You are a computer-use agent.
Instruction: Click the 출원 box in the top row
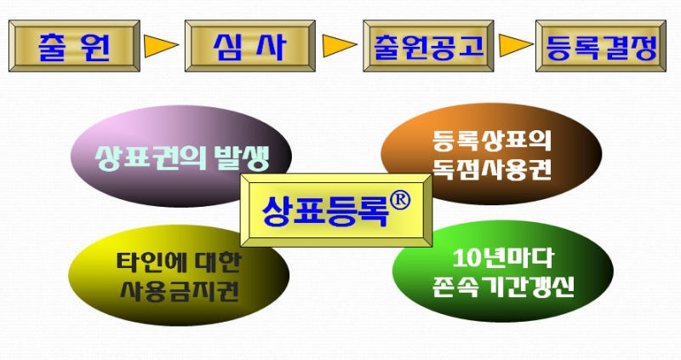(x=74, y=46)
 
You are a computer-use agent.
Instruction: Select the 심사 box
(x=250, y=46)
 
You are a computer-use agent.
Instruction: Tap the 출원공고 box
(x=429, y=46)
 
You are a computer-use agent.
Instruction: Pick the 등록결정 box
(x=601, y=46)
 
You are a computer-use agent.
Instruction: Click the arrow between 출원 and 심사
(x=160, y=46)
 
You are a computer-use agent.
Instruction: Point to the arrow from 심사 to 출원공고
(x=338, y=46)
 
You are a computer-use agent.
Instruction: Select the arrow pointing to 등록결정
(x=515, y=46)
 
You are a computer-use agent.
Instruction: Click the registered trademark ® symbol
(x=399, y=202)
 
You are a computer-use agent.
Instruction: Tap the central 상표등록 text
(x=325, y=211)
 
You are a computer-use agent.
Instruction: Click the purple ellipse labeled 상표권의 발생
(x=180, y=156)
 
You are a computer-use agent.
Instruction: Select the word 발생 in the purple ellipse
(x=243, y=157)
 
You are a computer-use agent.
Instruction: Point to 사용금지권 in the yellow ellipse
(x=180, y=291)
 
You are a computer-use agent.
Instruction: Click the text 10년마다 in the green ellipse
(x=503, y=259)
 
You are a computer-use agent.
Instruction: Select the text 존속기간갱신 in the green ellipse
(x=503, y=287)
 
